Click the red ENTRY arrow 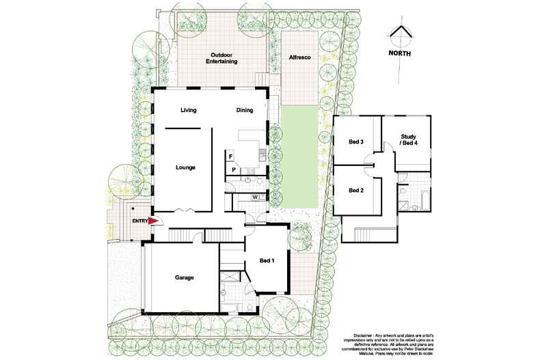(x=154, y=221)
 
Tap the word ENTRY (x=139, y=221)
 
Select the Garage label (x=184, y=278)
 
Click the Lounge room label (x=186, y=167)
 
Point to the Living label (x=189, y=110)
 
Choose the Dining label (x=245, y=110)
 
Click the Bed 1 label (x=268, y=260)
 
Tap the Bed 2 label (x=355, y=190)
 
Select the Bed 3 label (x=355, y=142)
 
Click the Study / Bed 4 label (x=409, y=141)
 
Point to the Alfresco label (x=299, y=58)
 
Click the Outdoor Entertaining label (x=222, y=58)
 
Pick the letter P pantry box (x=233, y=169)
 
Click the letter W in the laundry (x=254, y=197)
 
